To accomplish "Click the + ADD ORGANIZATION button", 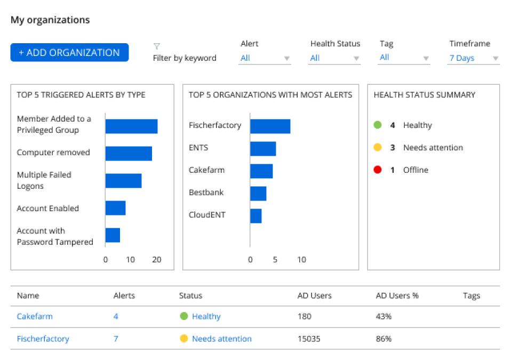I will point(69,52).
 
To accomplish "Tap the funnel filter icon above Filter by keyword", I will point(157,46).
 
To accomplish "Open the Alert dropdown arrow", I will point(286,59).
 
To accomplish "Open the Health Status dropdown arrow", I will point(356,59).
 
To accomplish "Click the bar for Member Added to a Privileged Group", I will point(131,126).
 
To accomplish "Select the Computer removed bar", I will point(129,154).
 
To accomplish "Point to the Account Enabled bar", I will point(115,208).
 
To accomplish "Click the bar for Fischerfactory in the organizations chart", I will point(270,126).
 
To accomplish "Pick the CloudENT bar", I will point(255,215).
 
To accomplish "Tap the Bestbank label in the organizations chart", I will point(206,193).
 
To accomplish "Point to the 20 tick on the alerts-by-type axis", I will point(156,260).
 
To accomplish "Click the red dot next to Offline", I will point(378,170).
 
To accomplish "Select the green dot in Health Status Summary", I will point(378,125).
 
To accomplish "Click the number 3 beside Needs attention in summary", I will point(392,148).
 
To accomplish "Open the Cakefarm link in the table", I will point(35,316).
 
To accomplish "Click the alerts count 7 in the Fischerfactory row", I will point(116,339).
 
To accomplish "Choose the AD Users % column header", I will point(397,295).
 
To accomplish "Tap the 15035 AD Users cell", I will point(309,339).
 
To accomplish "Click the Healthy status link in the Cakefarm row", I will point(206,316).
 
